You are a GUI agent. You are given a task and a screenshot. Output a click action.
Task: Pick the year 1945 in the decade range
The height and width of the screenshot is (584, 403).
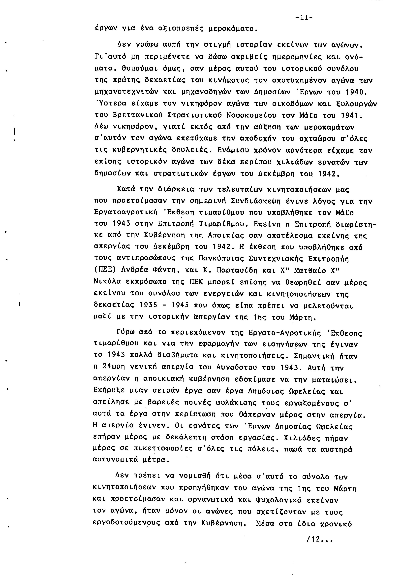180,305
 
